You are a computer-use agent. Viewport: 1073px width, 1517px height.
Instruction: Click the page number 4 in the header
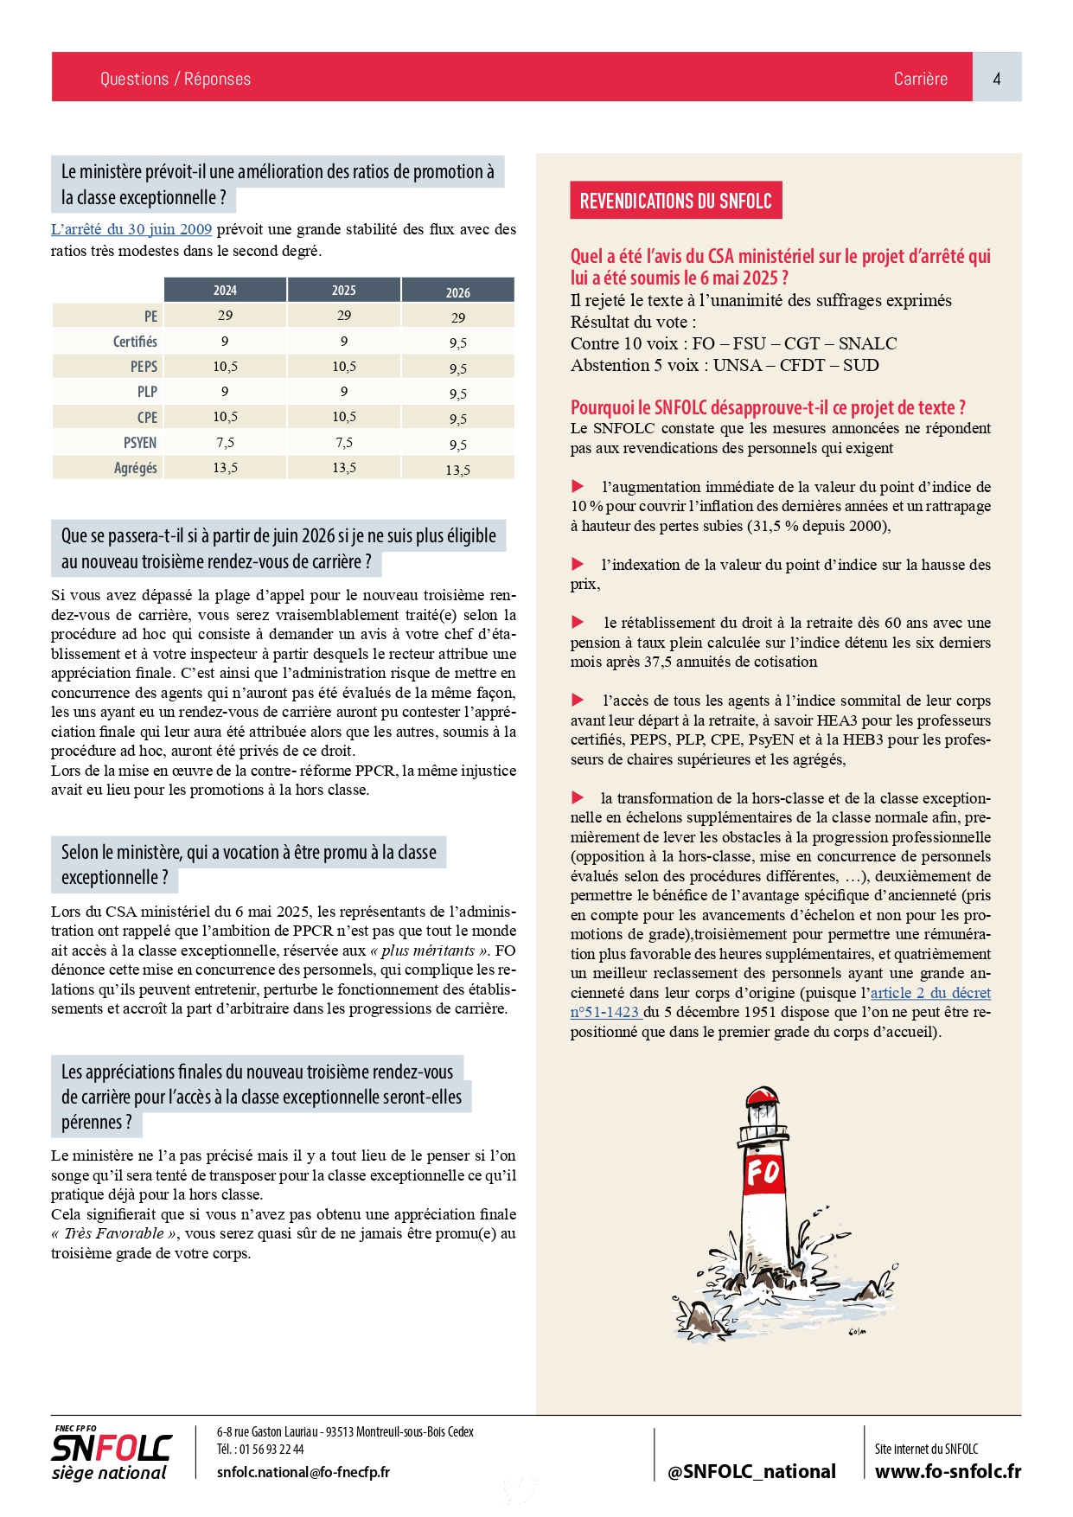click(996, 79)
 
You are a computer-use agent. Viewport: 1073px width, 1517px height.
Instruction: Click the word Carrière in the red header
click(920, 79)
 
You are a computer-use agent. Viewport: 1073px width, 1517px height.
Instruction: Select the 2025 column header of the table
click(343, 291)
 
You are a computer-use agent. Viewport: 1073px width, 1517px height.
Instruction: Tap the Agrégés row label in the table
click(136, 468)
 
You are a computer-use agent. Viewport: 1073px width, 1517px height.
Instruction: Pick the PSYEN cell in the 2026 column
click(457, 445)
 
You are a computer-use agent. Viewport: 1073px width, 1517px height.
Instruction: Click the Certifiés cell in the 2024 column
click(225, 342)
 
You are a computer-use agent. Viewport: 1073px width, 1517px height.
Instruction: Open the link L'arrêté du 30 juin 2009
click(131, 229)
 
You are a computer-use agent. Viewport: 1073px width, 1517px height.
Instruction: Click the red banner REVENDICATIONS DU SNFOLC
click(675, 201)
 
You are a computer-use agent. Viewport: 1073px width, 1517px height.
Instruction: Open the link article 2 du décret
click(930, 993)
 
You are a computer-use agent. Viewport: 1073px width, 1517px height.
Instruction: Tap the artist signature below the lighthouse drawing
click(857, 1332)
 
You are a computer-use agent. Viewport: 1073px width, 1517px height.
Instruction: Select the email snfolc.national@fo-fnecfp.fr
click(303, 1472)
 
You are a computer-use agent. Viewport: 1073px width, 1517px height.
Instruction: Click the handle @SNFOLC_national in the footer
click(751, 1471)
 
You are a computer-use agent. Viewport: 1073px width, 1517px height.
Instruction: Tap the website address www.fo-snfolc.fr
click(948, 1471)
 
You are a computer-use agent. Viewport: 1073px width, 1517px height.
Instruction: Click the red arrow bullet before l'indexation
click(578, 565)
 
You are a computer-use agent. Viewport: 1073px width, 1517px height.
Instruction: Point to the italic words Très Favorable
click(114, 1233)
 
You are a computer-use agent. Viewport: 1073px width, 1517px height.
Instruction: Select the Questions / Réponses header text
click(175, 79)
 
